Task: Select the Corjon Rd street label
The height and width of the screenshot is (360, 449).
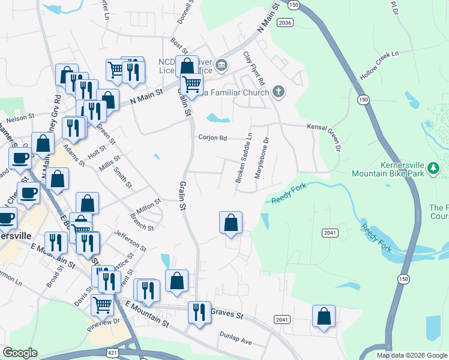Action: pyautogui.click(x=213, y=138)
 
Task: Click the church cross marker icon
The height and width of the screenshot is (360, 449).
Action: pyautogui.click(x=277, y=91)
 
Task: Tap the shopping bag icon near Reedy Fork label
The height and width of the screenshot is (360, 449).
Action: pyautogui.click(x=231, y=223)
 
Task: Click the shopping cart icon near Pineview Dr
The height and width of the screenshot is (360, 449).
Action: pyautogui.click(x=102, y=305)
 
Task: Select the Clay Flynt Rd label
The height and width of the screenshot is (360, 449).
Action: pyautogui.click(x=253, y=68)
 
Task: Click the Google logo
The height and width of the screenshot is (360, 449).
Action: pyautogui.click(x=20, y=353)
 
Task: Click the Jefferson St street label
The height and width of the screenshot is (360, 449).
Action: pyautogui.click(x=130, y=239)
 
